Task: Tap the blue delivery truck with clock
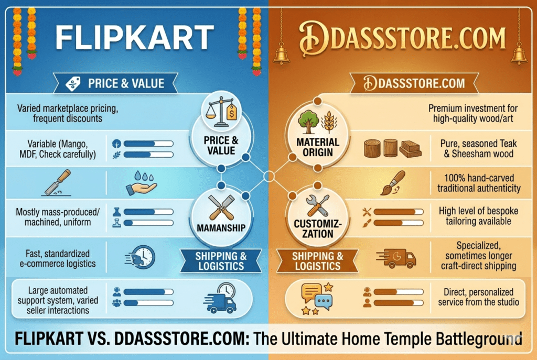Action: (x=221, y=298)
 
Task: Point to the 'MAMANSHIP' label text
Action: (x=220, y=229)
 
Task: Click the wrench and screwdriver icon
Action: (x=317, y=206)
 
